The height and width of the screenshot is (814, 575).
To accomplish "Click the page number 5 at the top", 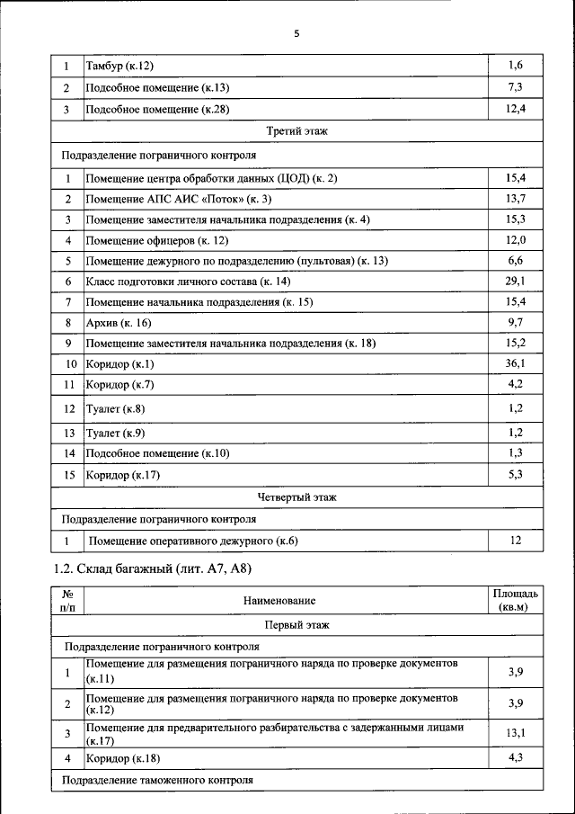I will pos(296,34).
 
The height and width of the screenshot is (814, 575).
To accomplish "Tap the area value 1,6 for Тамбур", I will pos(515,65).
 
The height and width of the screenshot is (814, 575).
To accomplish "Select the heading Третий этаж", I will pos(296,131).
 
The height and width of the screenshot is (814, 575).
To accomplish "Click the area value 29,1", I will pos(515,282).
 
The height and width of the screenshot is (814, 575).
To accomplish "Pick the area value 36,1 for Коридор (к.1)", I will pos(515,363).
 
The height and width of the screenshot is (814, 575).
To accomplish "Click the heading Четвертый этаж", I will pos(296,496).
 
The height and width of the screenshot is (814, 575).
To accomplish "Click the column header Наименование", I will pos(279,600).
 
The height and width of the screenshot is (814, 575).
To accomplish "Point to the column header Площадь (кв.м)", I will pos(515,600).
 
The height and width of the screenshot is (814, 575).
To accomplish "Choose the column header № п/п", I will pos(66,600).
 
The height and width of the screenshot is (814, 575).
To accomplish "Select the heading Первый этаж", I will pos(296,623).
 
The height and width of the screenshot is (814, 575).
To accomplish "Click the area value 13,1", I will pos(515,733).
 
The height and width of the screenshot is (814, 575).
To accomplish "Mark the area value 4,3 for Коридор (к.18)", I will pos(515,758).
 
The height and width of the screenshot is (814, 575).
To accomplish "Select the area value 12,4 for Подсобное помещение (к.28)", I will pos(515,109).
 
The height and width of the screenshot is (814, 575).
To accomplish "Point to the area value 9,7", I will pos(515,322).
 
